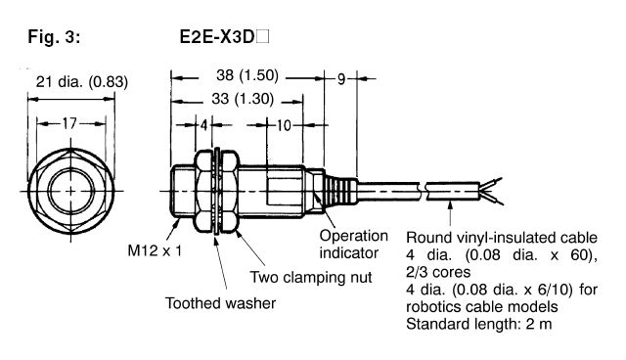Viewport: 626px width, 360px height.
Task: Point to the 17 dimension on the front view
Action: (x=66, y=125)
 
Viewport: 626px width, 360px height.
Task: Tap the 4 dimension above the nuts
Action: (x=203, y=125)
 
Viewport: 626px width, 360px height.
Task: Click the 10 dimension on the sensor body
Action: (x=282, y=125)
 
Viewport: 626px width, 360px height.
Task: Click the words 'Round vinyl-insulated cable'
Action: (x=493, y=237)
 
